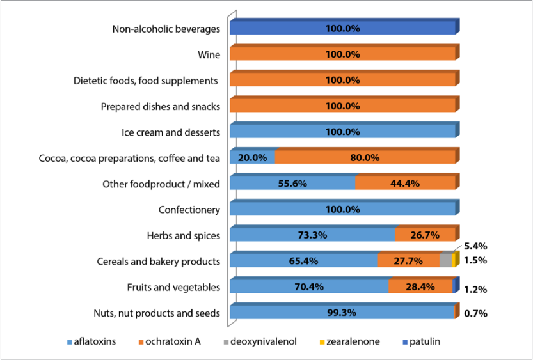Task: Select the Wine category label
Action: click(x=209, y=55)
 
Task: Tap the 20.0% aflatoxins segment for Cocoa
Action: click(x=252, y=157)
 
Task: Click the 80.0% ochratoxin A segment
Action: click(x=365, y=157)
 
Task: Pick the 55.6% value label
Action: click(x=292, y=184)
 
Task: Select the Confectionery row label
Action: click(x=189, y=210)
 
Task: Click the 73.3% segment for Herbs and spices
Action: click(x=312, y=235)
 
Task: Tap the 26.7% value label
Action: click(x=424, y=235)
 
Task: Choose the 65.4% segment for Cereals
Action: click(x=303, y=261)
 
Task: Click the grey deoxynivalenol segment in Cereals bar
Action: click(x=445, y=261)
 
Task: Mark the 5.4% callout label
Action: click(x=475, y=246)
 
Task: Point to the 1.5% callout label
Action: click(x=475, y=260)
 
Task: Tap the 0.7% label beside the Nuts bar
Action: click(x=476, y=314)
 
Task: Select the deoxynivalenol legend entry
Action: click(x=264, y=341)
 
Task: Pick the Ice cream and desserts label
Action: click(x=171, y=132)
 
